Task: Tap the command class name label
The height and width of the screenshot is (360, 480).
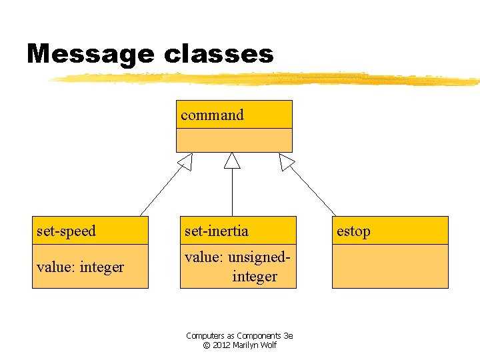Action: click(212, 115)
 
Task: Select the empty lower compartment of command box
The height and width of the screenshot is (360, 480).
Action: click(234, 140)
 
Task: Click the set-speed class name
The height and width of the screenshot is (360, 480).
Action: click(66, 231)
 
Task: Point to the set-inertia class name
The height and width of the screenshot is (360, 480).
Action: click(216, 231)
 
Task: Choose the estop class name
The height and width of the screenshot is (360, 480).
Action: click(353, 231)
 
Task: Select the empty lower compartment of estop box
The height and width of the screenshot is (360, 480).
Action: click(390, 266)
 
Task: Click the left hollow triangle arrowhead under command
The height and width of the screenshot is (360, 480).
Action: click(185, 161)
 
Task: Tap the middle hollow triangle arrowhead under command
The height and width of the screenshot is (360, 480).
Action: click(232, 161)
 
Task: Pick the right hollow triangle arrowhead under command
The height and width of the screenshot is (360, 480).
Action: click(286, 161)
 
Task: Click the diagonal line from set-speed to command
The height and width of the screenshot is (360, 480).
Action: click(160, 193)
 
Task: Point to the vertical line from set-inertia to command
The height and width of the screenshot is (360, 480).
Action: click(232, 193)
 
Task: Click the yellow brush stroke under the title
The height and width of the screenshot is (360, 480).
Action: click(267, 79)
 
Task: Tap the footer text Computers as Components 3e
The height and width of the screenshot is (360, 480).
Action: click(239, 336)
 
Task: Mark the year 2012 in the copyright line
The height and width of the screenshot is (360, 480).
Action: click(222, 345)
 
